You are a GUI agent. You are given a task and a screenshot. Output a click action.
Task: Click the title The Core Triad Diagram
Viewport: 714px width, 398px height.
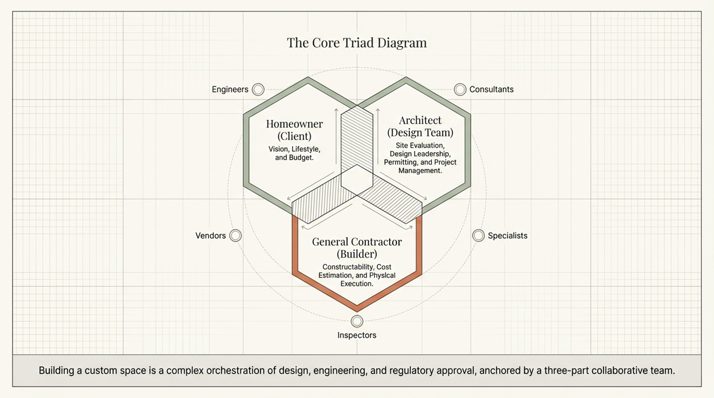pyautogui.click(x=357, y=43)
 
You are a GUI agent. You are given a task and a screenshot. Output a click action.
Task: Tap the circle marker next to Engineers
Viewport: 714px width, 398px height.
pyautogui.click(x=258, y=89)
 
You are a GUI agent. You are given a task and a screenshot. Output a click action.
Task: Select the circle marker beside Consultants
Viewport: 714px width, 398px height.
pyautogui.click(x=460, y=89)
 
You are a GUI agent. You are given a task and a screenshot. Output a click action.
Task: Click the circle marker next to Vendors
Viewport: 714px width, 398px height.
pyautogui.click(x=235, y=235)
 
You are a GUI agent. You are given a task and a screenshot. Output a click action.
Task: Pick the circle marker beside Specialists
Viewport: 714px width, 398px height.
pyautogui.click(x=479, y=235)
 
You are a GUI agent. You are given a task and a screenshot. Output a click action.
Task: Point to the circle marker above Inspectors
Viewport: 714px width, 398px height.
pyautogui.click(x=357, y=321)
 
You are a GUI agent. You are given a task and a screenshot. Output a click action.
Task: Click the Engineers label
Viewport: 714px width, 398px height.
pyautogui.click(x=230, y=89)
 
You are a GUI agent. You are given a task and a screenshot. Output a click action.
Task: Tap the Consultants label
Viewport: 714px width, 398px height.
pyautogui.click(x=491, y=89)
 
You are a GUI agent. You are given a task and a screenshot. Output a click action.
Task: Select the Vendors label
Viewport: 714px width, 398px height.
pyautogui.click(x=210, y=236)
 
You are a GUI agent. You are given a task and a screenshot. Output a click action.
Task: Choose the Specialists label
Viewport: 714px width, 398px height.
pyautogui.click(x=507, y=236)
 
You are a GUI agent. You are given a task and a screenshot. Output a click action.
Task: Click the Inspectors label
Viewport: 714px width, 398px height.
pyautogui.click(x=357, y=335)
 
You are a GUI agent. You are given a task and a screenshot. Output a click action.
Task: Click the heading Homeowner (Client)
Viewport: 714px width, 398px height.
pyautogui.click(x=294, y=130)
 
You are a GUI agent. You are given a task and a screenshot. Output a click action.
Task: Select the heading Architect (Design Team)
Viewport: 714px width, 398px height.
pyautogui.click(x=420, y=126)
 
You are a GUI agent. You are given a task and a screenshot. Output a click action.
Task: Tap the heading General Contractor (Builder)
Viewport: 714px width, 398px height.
pyautogui.click(x=357, y=247)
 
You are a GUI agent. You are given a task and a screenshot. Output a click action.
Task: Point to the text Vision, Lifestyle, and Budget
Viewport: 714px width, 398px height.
pyautogui.click(x=294, y=153)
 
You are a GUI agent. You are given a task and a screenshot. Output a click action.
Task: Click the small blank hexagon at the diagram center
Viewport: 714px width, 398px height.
pyautogui.click(x=357, y=181)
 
